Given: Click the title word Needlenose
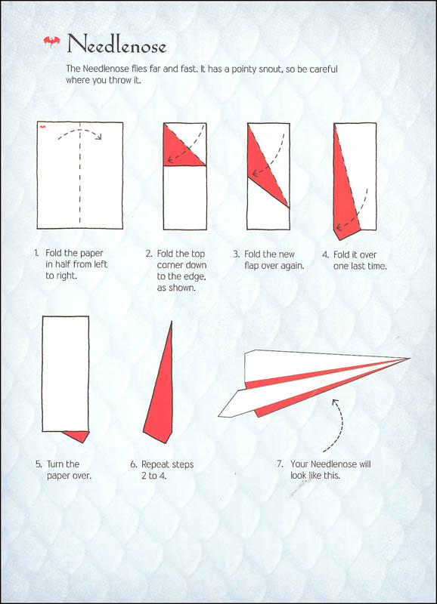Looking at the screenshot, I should pos(116,46).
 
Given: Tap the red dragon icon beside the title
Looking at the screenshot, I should pos(52,42).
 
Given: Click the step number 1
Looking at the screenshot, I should pos(36,254).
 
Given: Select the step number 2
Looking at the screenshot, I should pos(149,254).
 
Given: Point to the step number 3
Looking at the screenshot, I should pos(237,254).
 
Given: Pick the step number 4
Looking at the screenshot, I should pos(325,254).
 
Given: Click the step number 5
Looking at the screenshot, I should pos(38,464).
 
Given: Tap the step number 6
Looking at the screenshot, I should pos(134,464).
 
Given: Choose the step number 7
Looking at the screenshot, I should pos(280,464).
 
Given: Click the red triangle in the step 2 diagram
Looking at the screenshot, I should pos(179,148).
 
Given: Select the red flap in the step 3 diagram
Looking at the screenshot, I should pos(264,166).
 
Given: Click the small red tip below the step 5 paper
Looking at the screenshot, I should pos(78,436).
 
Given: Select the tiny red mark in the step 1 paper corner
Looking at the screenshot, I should pos(43,127).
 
